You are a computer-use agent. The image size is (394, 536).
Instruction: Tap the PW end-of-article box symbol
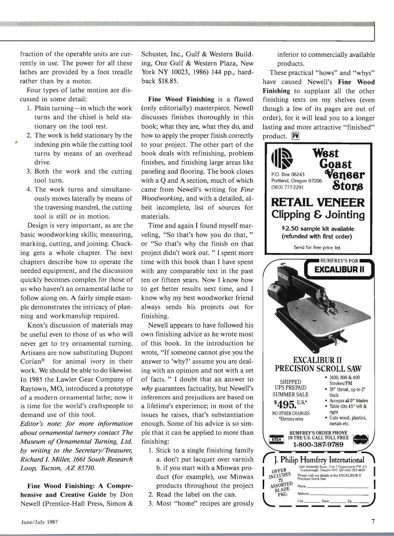pos(295,136)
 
